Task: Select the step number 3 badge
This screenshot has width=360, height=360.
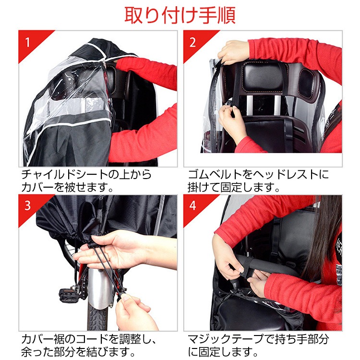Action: (28, 205)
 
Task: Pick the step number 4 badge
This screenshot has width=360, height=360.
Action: (192, 205)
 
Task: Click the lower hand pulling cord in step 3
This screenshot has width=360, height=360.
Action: (137, 312)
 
